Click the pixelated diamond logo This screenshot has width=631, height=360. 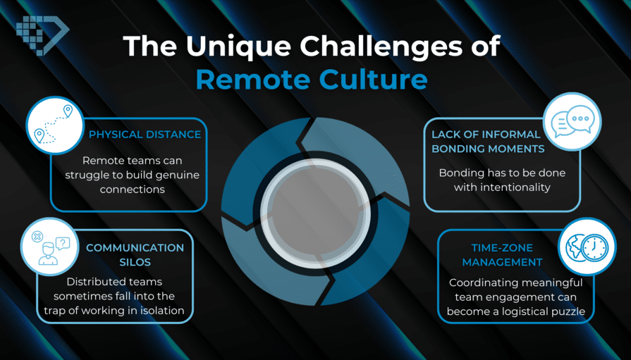coord(42,35)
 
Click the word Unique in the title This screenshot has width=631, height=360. coord(239,46)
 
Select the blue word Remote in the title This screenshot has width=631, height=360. coord(252,79)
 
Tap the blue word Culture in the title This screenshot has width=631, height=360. coord(374,79)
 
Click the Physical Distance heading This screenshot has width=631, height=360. coord(145,135)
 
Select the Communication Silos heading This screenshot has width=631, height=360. coord(135,254)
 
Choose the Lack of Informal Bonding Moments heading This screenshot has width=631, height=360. coord(487,142)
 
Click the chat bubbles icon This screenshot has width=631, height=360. coord(572,121)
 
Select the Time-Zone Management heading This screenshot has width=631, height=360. coord(502,254)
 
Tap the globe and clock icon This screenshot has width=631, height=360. coord(587,247)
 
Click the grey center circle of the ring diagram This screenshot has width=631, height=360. coord(316,213)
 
